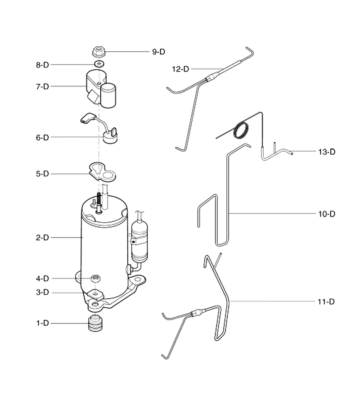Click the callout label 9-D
coord(158,52)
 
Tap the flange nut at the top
coord(98,51)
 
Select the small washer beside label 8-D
coord(99,63)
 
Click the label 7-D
coord(42,86)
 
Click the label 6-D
coord(42,137)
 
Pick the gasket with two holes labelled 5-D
coord(102,172)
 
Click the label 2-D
coord(42,238)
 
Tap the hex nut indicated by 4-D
coord(95,279)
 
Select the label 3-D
coord(42,292)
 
